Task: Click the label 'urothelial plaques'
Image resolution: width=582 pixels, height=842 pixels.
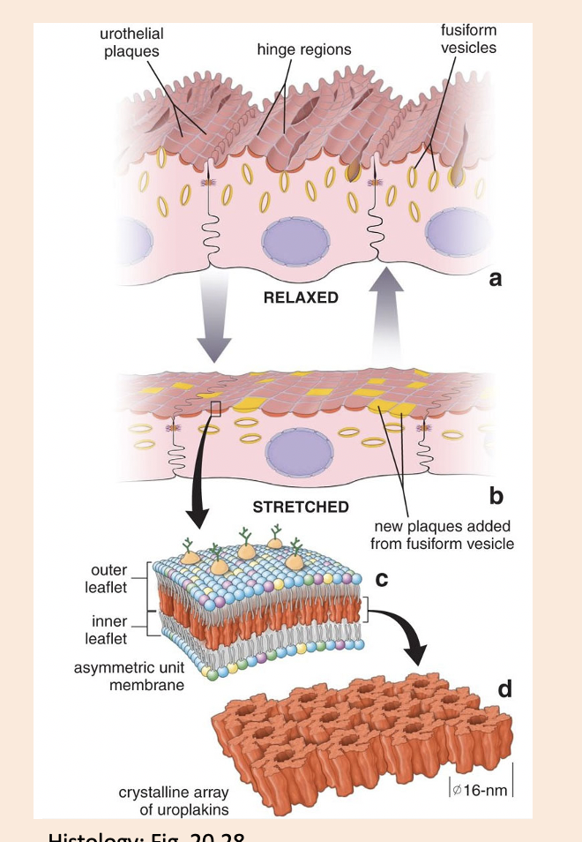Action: click(132, 41)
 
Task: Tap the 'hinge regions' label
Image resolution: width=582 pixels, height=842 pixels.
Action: click(304, 49)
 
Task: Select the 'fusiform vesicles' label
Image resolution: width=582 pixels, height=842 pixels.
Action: click(468, 38)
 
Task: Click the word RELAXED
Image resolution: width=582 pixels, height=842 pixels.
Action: click(301, 297)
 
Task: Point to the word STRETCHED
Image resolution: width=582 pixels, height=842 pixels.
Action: click(301, 507)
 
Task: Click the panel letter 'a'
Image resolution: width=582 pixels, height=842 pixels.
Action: click(495, 279)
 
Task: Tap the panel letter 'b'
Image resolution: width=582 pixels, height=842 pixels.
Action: click(496, 497)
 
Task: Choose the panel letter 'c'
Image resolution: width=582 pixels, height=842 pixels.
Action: click(382, 579)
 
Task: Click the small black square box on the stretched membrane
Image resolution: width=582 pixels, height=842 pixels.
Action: click(216, 406)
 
